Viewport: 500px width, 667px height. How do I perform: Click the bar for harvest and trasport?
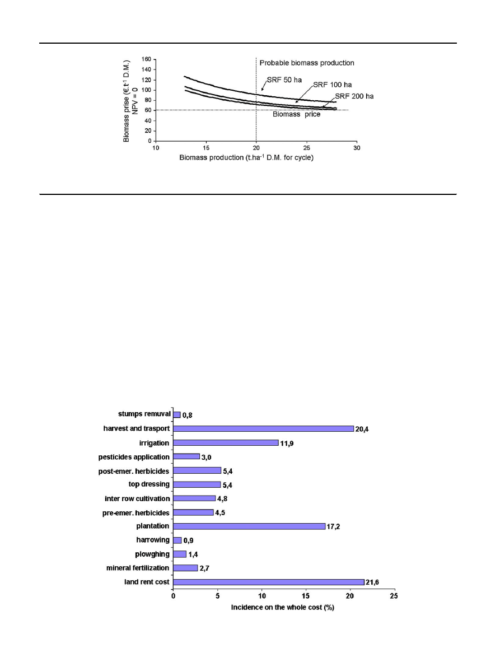click(263, 428)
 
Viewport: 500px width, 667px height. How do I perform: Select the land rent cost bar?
click(268, 582)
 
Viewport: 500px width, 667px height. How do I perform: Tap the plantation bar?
click(249, 526)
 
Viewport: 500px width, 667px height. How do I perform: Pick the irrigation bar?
click(226, 442)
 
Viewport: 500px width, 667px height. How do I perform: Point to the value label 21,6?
click(373, 582)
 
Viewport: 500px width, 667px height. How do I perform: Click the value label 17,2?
click(334, 527)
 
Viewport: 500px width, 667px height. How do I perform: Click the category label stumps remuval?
click(144, 414)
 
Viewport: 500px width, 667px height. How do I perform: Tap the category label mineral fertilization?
click(138, 568)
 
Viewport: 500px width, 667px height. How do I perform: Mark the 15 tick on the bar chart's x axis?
click(306, 598)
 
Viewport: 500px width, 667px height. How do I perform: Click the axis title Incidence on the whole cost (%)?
click(283, 608)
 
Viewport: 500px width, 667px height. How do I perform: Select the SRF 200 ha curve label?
click(354, 96)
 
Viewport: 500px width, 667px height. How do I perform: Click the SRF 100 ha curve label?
click(333, 85)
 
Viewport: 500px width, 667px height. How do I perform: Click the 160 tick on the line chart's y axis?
click(145, 59)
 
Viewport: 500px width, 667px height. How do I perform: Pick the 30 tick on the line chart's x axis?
click(357, 148)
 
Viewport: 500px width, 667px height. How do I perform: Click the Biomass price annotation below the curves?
click(297, 115)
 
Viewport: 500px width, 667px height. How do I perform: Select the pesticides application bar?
click(186, 456)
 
